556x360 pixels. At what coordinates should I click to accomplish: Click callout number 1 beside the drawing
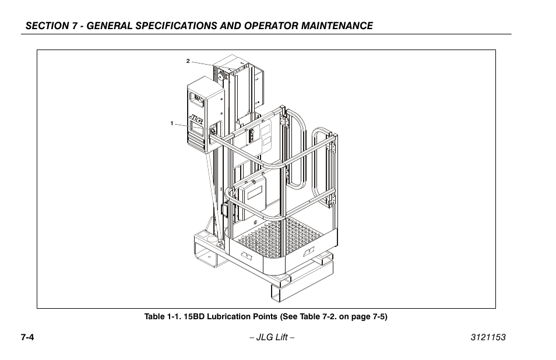pyautogui.click(x=172, y=123)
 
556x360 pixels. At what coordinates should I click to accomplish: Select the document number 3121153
pyautogui.click(x=488, y=338)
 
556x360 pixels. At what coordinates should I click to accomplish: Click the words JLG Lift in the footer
pyautogui.click(x=272, y=338)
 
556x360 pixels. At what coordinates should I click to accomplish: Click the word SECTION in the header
pyautogui.click(x=45, y=26)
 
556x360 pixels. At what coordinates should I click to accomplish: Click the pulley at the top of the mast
pyautogui.click(x=221, y=75)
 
